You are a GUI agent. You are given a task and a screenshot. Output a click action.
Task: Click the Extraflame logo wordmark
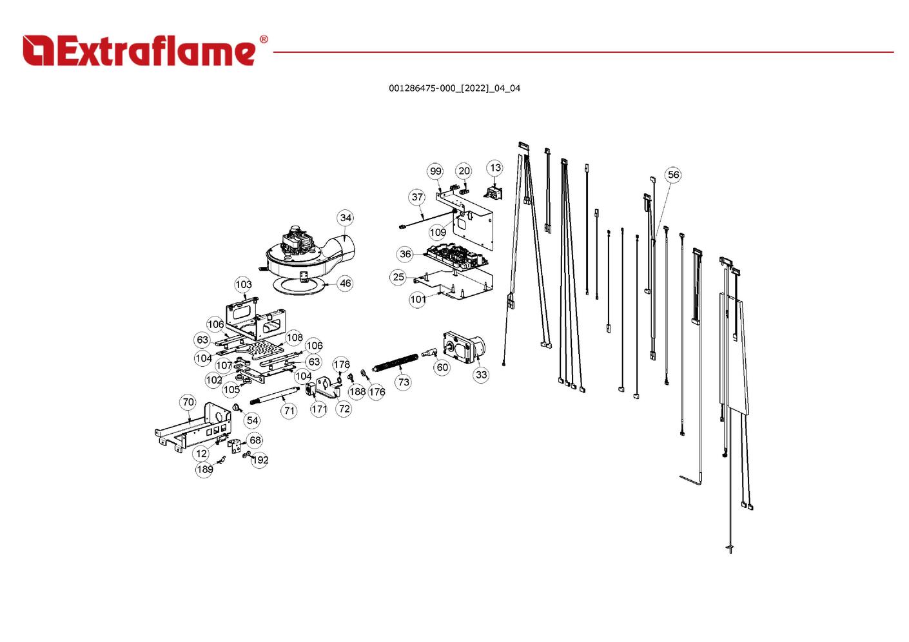pyautogui.click(x=139, y=50)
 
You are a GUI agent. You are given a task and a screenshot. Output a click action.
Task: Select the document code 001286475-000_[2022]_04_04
pyautogui.click(x=454, y=88)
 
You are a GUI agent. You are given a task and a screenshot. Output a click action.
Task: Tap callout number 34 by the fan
pyautogui.click(x=346, y=218)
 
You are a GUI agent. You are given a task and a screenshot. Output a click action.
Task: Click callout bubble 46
pyautogui.click(x=346, y=283)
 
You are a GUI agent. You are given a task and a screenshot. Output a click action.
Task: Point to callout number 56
pyautogui.click(x=673, y=175)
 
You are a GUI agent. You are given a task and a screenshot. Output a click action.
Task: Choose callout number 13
pyautogui.click(x=495, y=168)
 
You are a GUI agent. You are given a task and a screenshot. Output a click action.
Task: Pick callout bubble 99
pyautogui.click(x=435, y=171)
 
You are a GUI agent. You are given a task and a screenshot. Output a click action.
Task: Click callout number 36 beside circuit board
pyautogui.click(x=405, y=254)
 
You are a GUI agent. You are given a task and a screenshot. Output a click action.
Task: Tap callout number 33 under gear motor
pyautogui.click(x=481, y=374)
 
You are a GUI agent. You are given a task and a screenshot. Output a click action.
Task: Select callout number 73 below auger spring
pyautogui.click(x=404, y=382)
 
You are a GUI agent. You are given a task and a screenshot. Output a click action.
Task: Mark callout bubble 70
pyautogui.click(x=188, y=402)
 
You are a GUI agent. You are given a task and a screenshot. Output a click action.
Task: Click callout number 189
pyautogui.click(x=204, y=469)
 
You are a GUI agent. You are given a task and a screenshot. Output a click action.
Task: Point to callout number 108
pyautogui.click(x=295, y=338)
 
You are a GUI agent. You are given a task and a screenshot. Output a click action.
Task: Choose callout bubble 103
pyautogui.click(x=244, y=284)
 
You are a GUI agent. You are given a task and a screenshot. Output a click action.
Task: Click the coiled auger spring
pyautogui.click(x=395, y=362)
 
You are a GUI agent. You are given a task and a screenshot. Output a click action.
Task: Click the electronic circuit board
pyautogui.click(x=456, y=257)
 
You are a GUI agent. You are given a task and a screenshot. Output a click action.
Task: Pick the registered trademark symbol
pyautogui.click(x=264, y=39)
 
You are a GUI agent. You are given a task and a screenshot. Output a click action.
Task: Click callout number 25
pyautogui.click(x=398, y=277)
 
